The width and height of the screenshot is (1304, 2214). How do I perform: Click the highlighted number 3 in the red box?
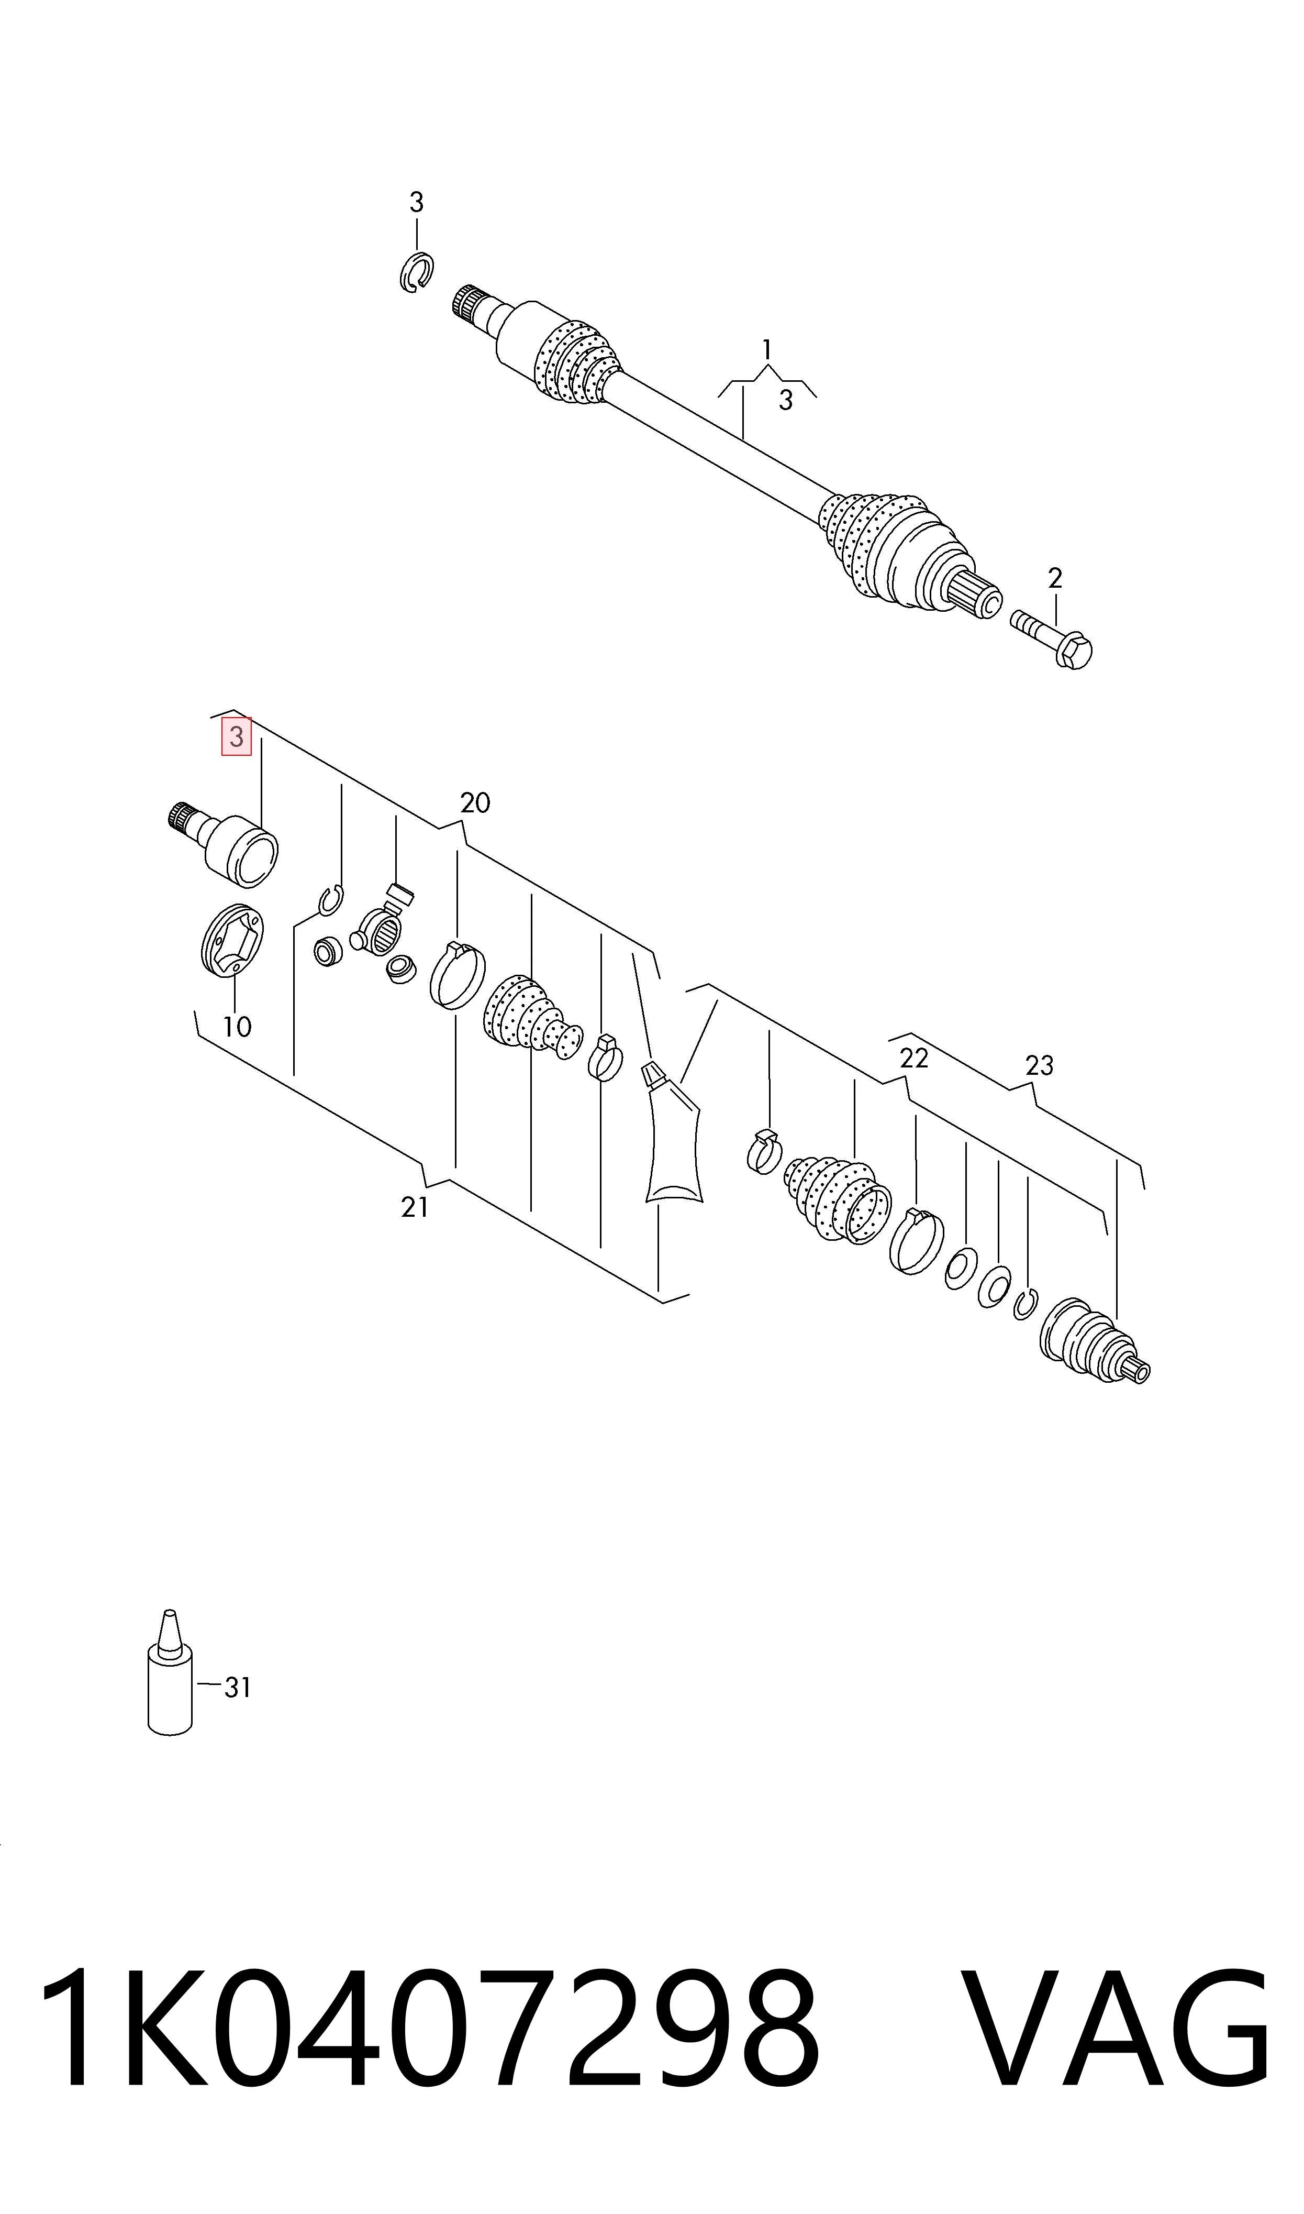pos(236,736)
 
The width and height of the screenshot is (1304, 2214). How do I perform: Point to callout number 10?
pos(237,1027)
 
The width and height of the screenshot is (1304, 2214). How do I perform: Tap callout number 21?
pos(415,1208)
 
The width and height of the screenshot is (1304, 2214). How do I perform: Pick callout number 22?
pos(914,1058)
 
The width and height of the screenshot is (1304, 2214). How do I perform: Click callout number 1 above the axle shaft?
pos(767,350)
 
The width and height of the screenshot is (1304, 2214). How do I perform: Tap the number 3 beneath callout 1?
pos(786,401)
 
